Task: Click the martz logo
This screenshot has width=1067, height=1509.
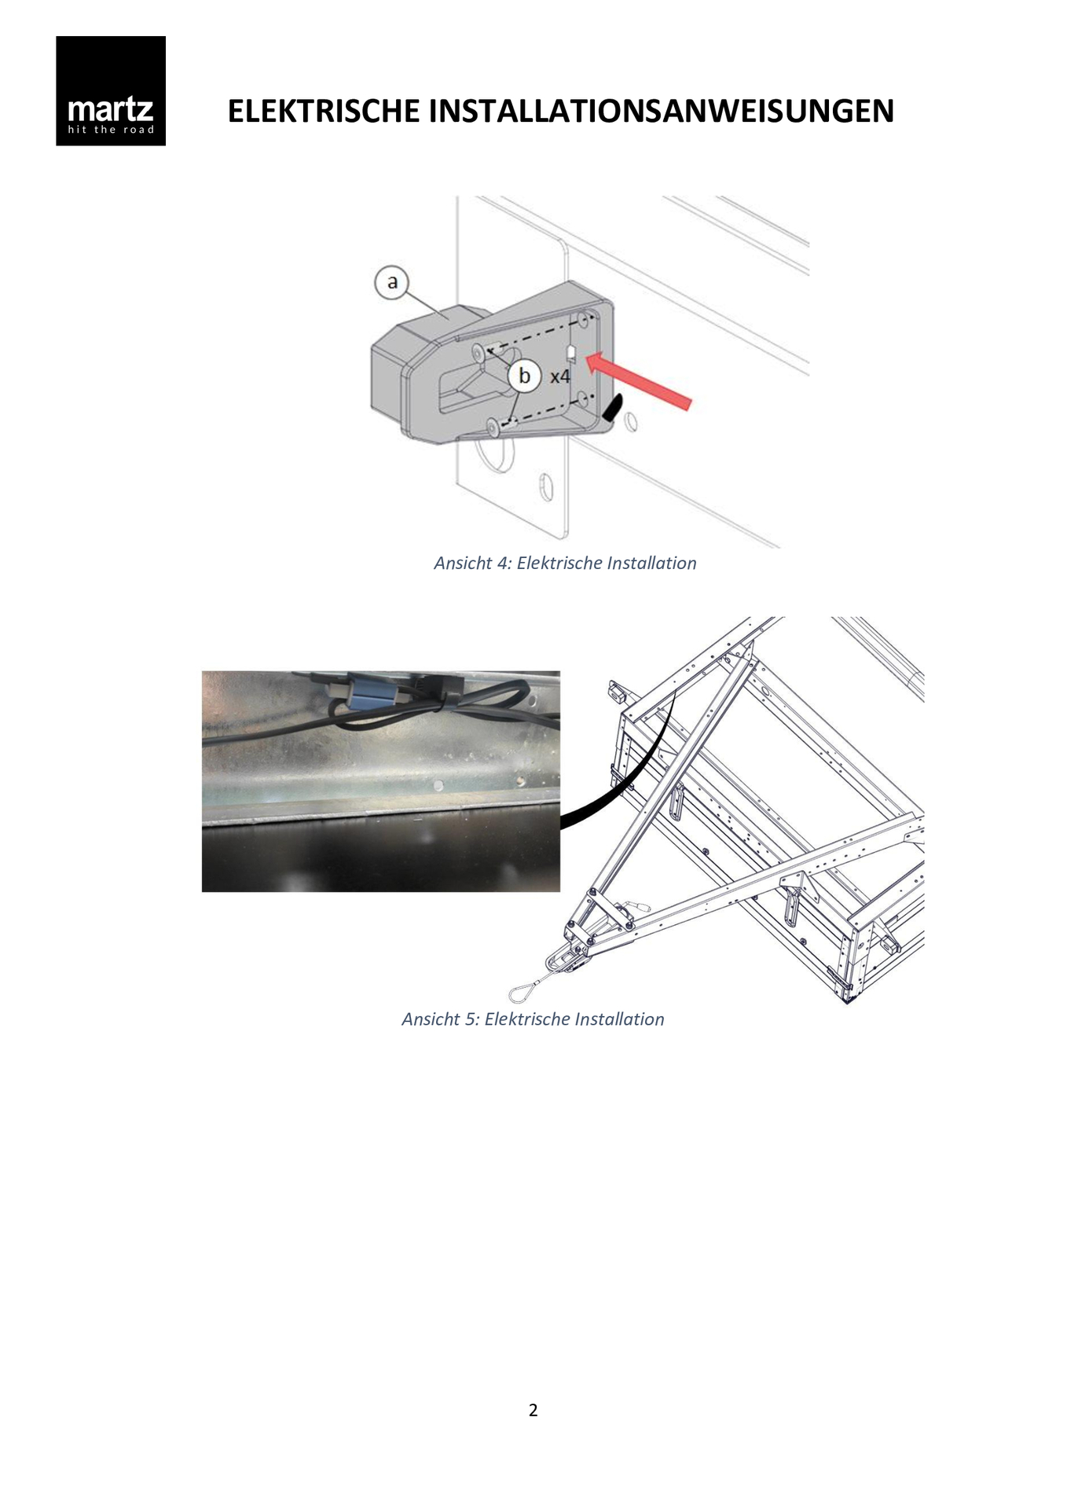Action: click(x=111, y=90)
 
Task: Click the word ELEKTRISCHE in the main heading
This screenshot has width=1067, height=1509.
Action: click(x=324, y=111)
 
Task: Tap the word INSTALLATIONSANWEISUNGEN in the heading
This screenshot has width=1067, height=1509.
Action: click(x=662, y=111)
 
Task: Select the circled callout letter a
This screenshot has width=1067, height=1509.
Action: click(x=392, y=281)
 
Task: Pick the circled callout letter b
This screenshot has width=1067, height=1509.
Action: click(x=524, y=376)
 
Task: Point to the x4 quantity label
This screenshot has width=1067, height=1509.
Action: click(x=559, y=376)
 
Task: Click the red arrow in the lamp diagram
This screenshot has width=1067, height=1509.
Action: click(x=639, y=381)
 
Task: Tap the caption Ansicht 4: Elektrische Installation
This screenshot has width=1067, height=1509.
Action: click(x=565, y=563)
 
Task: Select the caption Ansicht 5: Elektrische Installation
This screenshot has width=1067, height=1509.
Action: click(x=533, y=1019)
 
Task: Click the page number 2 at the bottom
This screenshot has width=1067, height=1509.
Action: click(x=533, y=1410)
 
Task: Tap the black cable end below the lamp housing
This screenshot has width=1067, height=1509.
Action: click(x=612, y=406)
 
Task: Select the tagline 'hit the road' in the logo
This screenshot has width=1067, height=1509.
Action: click(x=111, y=130)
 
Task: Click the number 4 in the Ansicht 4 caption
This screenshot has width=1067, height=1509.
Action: click(x=503, y=563)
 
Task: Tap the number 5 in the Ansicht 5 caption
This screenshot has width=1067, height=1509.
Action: click(x=471, y=1019)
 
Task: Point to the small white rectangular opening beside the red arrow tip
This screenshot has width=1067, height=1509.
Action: click(x=571, y=352)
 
